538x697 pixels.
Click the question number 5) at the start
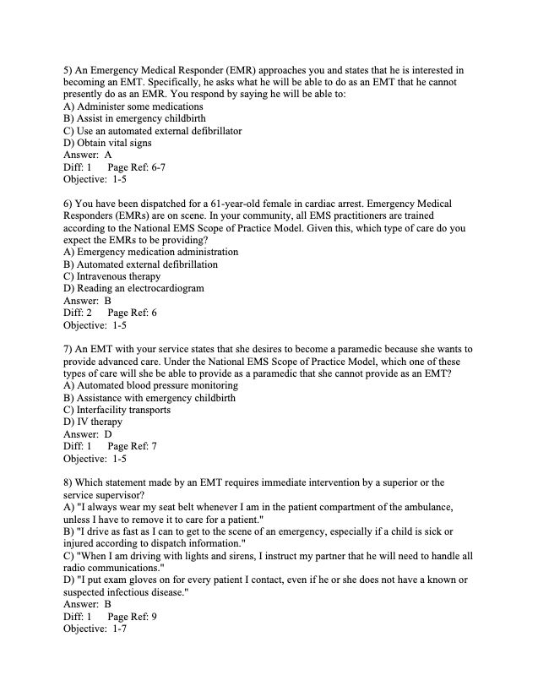coord(69,70)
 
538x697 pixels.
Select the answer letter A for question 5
coord(108,155)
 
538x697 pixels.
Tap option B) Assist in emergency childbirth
coord(134,119)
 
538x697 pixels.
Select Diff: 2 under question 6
coord(78,313)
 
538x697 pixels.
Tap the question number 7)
coord(69,349)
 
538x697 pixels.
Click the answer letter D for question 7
coord(108,434)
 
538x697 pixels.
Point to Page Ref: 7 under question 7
coord(133,446)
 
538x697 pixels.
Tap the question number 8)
coord(69,482)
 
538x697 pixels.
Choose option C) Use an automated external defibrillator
coord(153,131)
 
